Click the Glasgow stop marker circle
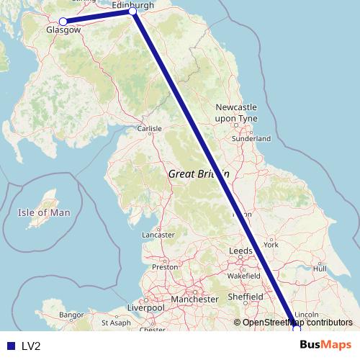pyautogui.click(x=63, y=22)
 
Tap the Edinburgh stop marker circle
pyautogui.click(x=132, y=12)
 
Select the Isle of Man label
pyautogui.click(x=44, y=212)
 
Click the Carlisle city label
pyautogui.click(x=149, y=129)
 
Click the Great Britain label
pyautogui.click(x=199, y=174)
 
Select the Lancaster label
pyautogui.click(x=158, y=235)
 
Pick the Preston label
pyautogui.click(x=165, y=266)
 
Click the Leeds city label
pyautogui.click(x=240, y=251)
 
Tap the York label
pyautogui.click(x=271, y=245)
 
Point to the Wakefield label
pyautogui.click(x=243, y=276)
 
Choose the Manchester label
pyautogui.click(x=194, y=299)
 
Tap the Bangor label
pyautogui.click(x=72, y=315)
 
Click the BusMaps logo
pyautogui.click(x=325, y=345)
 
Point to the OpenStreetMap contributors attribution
pyautogui.click(x=297, y=323)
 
